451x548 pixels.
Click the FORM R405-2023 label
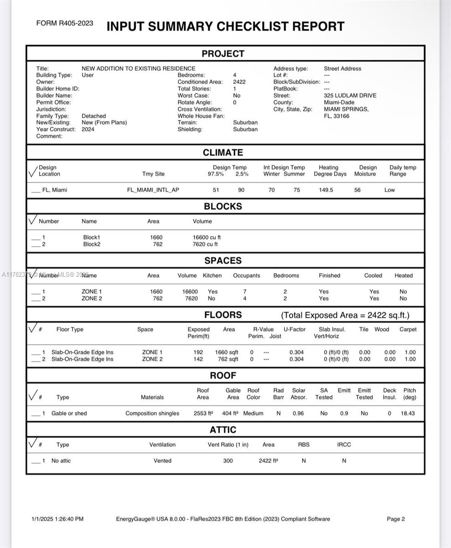65,23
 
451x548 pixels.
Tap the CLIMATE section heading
223,153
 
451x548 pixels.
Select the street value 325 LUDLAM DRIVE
350,95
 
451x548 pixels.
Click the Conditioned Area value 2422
239,82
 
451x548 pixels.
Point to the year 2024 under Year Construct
88,129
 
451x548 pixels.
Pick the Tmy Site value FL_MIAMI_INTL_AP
153,190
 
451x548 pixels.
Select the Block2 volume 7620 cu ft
205,244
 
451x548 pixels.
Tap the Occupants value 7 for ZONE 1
245,291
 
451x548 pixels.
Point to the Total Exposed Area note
345,315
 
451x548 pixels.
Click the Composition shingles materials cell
152,413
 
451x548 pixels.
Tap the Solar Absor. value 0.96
298,413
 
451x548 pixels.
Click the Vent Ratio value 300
228,461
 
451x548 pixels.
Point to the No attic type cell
61,461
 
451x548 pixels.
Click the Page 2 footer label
396,519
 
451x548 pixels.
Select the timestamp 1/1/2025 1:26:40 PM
57,519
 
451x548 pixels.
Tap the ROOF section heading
223,375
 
